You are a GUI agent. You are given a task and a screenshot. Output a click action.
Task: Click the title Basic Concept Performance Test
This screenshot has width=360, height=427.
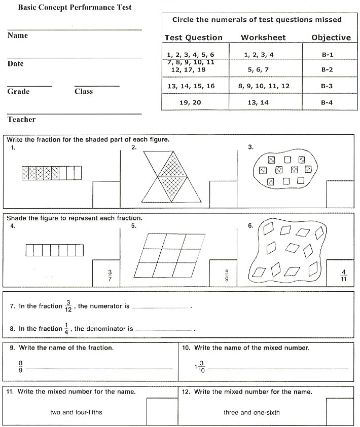pyautogui.click(x=75, y=8)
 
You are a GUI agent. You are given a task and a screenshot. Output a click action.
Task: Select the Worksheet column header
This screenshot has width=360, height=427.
pyautogui.click(x=263, y=37)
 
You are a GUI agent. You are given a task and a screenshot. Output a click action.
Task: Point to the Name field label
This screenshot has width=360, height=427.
pyautogui.click(x=18, y=35)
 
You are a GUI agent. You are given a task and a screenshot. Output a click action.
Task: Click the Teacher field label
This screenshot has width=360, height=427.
pyautogui.click(x=21, y=120)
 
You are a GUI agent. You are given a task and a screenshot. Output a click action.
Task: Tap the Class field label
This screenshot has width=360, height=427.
pyautogui.click(x=84, y=92)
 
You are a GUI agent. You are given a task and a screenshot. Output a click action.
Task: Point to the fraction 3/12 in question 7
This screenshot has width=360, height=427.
pyautogui.click(x=68, y=306)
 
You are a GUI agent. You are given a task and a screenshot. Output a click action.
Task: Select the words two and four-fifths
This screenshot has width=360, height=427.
pyautogui.click(x=76, y=412)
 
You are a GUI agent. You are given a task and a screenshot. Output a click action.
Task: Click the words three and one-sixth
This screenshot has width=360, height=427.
pyautogui.click(x=251, y=412)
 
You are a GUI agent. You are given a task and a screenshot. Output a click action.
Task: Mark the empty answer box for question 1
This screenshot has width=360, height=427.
pyautogui.click(x=106, y=194)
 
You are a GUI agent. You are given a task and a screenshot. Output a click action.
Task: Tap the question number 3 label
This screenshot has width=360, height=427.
pyautogui.click(x=250, y=147)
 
